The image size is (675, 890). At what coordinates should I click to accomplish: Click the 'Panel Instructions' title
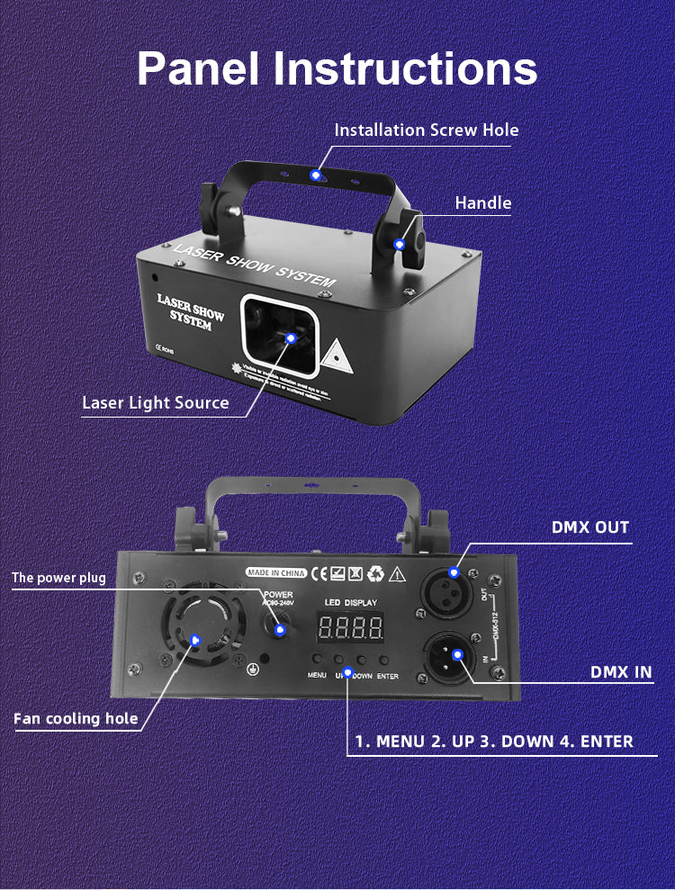click(x=337, y=68)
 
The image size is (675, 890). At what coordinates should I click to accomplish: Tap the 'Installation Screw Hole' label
click(x=427, y=130)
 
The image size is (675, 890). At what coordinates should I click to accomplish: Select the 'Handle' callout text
click(x=482, y=202)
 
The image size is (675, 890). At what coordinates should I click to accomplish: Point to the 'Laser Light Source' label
click(x=156, y=402)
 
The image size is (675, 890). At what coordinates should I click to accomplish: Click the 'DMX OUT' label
click(x=590, y=526)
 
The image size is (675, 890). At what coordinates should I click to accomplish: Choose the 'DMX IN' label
click(x=621, y=671)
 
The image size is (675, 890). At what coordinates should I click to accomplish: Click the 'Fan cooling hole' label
click(x=76, y=718)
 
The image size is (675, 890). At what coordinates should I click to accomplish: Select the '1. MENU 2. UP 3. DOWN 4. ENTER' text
click(x=494, y=742)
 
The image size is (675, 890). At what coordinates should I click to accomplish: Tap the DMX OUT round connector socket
click(x=454, y=589)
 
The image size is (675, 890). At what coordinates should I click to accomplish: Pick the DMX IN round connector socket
click(x=454, y=654)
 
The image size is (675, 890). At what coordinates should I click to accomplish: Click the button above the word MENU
click(x=318, y=659)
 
